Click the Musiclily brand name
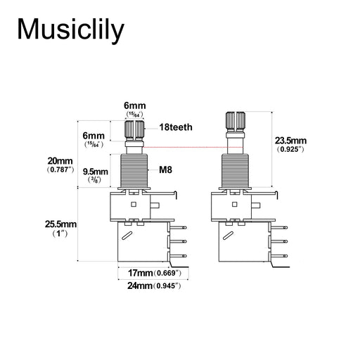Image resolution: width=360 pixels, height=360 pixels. coord(70,30)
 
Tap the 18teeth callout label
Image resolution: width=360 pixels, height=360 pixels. coord(176,127)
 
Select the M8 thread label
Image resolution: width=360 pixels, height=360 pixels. coord(165,169)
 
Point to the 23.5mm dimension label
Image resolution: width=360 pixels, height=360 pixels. coord(290,141)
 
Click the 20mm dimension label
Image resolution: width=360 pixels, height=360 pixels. coord(60,161)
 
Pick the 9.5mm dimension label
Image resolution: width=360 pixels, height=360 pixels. coord(96,172)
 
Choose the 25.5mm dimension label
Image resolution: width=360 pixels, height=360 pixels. coord(60,224)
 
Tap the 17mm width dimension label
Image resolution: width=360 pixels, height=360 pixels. coord(140,273)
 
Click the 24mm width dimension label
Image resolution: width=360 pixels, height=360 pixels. coord(140,285)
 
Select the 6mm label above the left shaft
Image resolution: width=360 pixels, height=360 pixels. coord(135,105)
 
